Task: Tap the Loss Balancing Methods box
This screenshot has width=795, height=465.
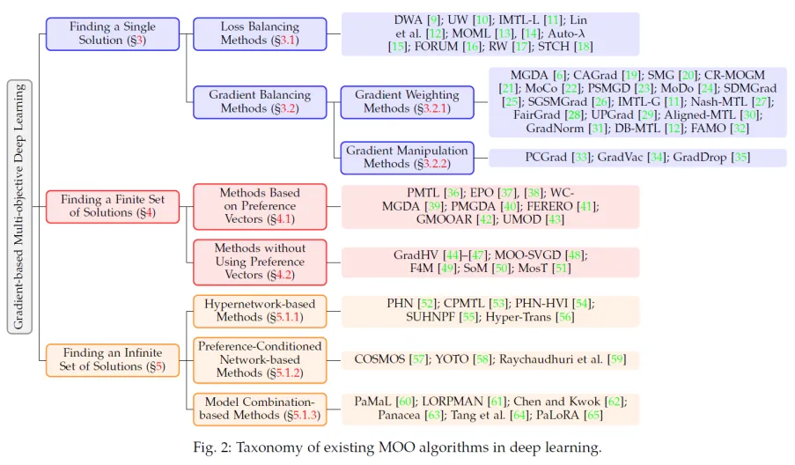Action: [x=260, y=33]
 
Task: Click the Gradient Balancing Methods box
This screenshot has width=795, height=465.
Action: [x=260, y=101]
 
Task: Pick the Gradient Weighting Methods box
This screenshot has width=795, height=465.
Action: [x=406, y=101]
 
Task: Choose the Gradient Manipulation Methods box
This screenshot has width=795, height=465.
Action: [x=406, y=157]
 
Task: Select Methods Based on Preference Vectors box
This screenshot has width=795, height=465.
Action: [x=260, y=206]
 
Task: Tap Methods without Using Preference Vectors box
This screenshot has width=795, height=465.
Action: [x=260, y=262]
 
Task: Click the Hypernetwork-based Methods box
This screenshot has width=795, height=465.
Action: [x=260, y=311]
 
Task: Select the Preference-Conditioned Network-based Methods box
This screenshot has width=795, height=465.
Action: [x=260, y=359]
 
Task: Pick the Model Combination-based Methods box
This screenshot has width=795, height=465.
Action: [x=260, y=409]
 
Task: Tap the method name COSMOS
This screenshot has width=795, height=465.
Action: [x=381, y=360]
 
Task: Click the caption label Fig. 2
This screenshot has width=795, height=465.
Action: [x=213, y=447]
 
